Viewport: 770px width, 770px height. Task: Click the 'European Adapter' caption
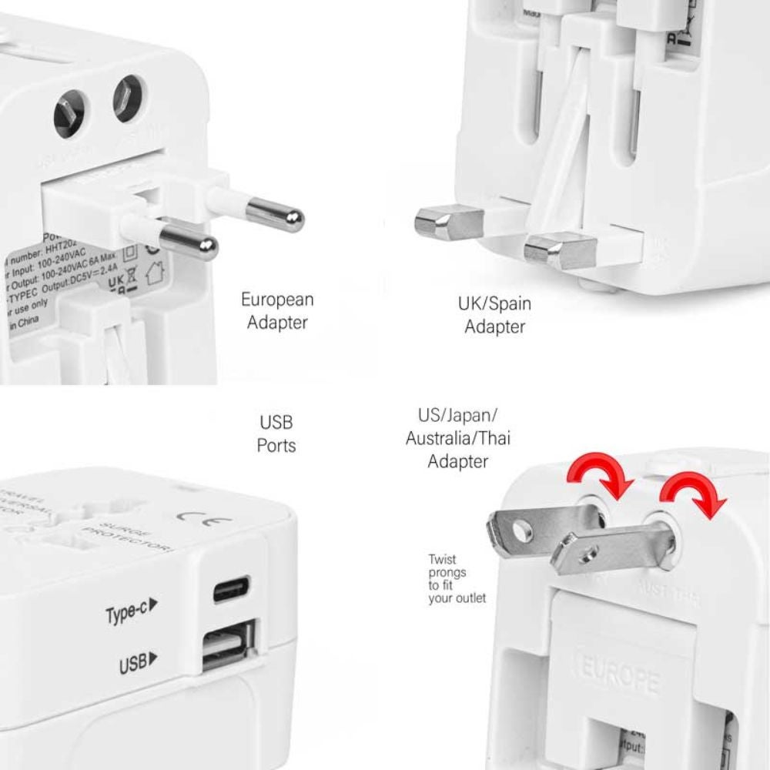tap(277, 310)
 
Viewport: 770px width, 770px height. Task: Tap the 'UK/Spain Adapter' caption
tap(494, 315)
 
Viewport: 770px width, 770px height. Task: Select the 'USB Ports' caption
tap(276, 434)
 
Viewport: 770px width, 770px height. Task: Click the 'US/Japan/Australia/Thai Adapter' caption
tap(458, 439)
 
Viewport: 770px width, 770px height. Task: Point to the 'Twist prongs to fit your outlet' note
tap(457, 578)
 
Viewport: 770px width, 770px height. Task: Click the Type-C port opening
tap(231, 591)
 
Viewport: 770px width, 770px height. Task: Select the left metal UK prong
tap(439, 223)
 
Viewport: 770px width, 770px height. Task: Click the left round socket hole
tap(69, 116)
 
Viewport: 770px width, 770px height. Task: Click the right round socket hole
tap(129, 97)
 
